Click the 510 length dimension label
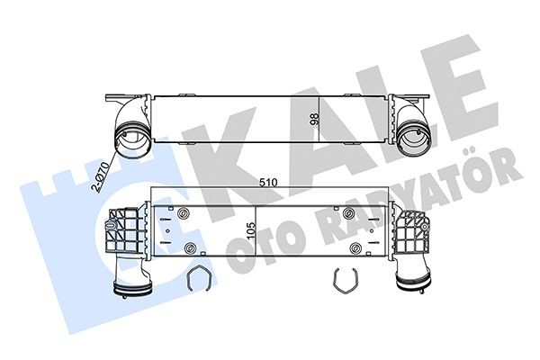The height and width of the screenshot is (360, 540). (268, 182)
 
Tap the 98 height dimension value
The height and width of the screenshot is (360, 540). (314, 119)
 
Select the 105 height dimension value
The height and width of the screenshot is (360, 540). (251, 229)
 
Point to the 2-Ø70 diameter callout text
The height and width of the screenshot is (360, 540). (100, 176)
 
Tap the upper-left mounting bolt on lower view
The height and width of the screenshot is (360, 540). (183, 213)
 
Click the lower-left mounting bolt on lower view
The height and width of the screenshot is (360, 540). (190, 247)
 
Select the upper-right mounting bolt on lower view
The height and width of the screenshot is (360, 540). (349, 213)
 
